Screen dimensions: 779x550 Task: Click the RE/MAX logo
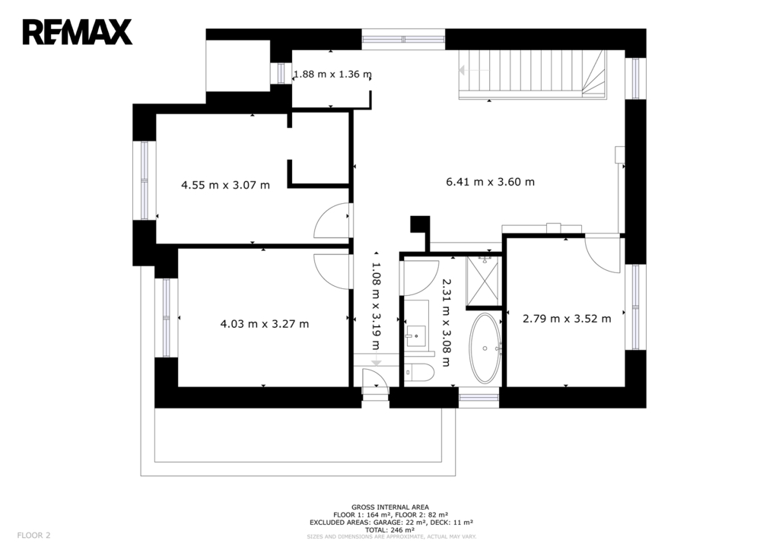pos(77,32)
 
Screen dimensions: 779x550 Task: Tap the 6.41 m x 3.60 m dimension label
pos(491,182)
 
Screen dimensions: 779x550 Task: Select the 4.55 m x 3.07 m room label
pos(225,186)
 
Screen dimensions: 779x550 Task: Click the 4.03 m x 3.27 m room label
pos(264,324)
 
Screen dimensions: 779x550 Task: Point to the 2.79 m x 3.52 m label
pos(567,319)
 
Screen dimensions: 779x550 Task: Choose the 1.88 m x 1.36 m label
pos(332,74)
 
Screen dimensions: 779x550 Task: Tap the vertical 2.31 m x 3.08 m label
pos(446,323)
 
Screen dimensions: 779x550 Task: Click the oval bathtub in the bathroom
pos(485,348)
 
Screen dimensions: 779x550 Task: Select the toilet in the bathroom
pos(419,372)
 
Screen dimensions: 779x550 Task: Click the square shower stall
pos(482,281)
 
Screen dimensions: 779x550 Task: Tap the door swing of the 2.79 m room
pos(603,253)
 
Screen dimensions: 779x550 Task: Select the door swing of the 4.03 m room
pos(333,272)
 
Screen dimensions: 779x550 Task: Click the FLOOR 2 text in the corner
pos(33,535)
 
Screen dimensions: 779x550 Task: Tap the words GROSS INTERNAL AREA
pos(390,507)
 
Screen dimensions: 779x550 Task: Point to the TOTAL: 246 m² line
pos(390,529)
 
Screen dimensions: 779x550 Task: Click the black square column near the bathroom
pos(420,224)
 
